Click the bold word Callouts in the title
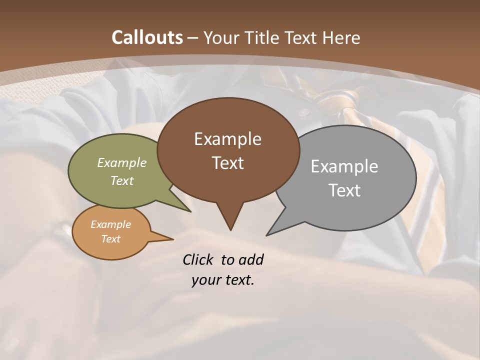[x=147, y=37]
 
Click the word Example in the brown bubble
[x=227, y=139]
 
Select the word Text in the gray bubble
[x=344, y=190]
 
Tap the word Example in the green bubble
[x=122, y=162]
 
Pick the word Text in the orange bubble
[x=111, y=239]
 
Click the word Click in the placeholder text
[x=199, y=259]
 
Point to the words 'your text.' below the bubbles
[x=223, y=280]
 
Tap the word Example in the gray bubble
[x=344, y=166]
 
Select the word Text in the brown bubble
[x=228, y=163]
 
